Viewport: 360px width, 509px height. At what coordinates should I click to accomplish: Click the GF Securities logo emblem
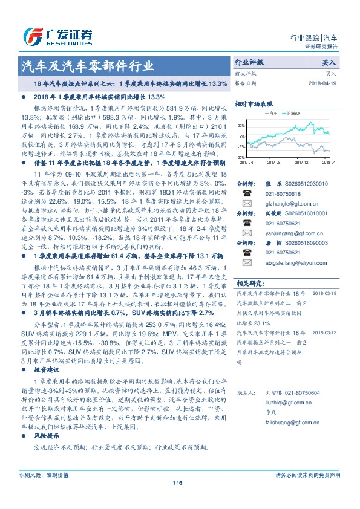click(x=32, y=36)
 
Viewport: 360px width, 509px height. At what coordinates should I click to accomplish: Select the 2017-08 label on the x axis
click(x=273, y=162)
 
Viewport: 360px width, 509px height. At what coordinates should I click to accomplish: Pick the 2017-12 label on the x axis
click(x=301, y=162)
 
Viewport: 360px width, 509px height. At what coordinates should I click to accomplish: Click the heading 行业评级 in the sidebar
click(x=249, y=62)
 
